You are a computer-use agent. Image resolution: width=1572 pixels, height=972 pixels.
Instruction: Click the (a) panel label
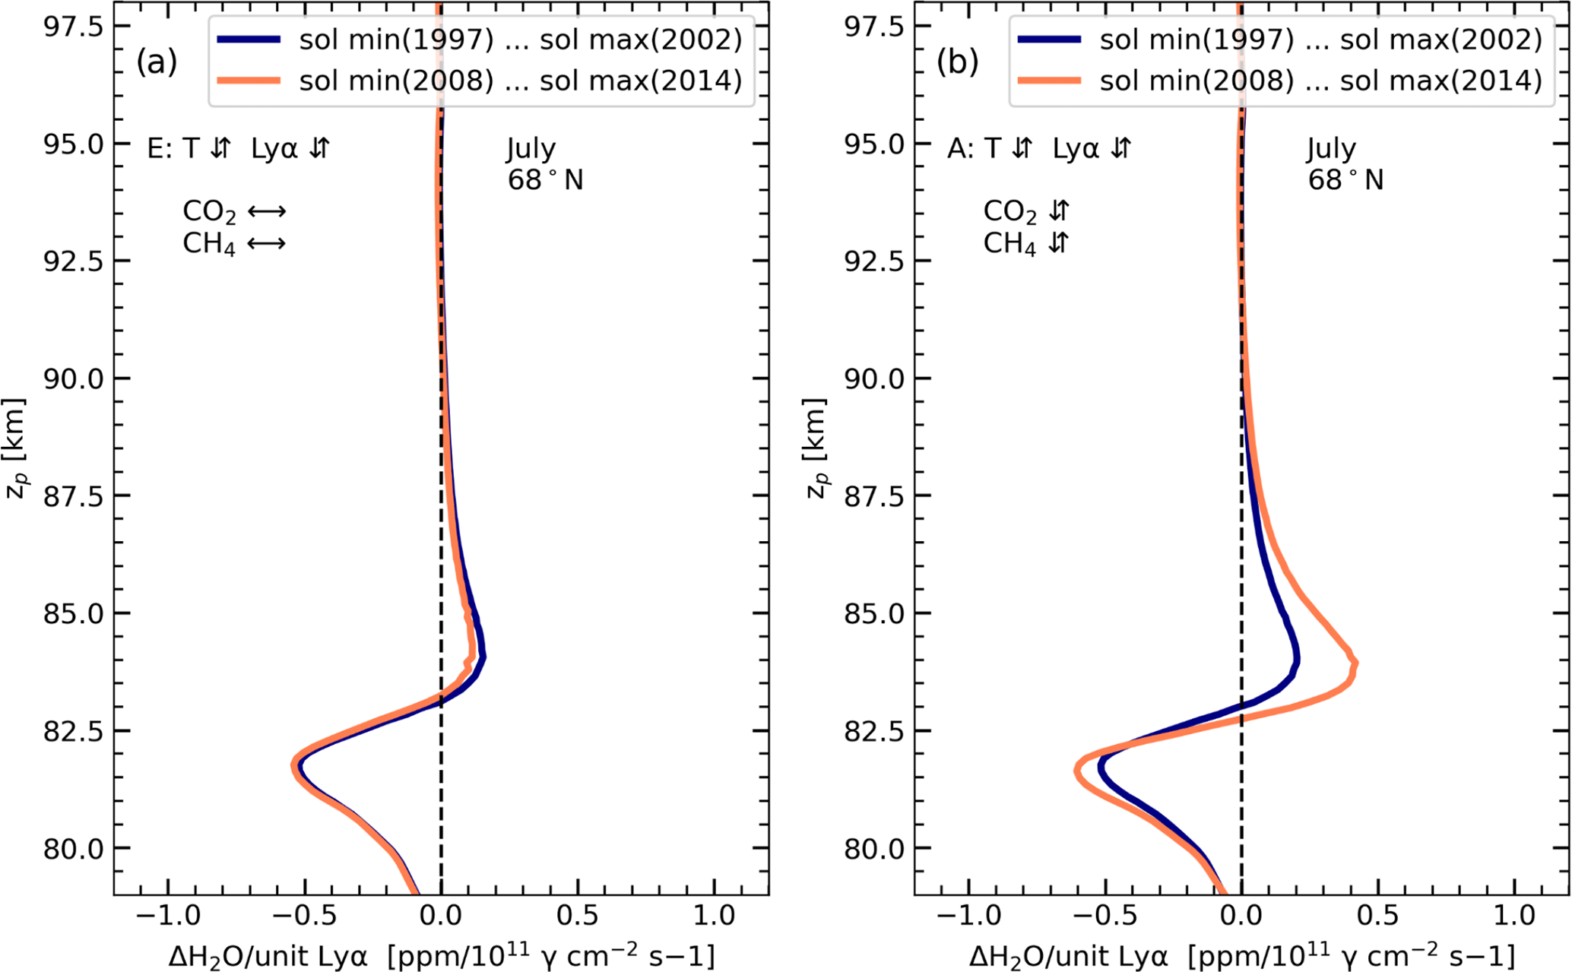pos(157,62)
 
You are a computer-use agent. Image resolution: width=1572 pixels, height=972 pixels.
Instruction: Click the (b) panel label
pos(957,62)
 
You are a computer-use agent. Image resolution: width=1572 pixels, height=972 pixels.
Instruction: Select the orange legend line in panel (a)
pos(249,81)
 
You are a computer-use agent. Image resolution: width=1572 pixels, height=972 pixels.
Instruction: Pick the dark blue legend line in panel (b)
pos(1049,40)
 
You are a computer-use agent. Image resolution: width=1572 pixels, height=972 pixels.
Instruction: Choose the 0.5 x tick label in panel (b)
pos(1379,916)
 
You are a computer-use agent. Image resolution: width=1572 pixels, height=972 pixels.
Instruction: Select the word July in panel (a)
pos(531,148)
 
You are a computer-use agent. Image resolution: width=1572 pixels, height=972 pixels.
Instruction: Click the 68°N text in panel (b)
pos(1345,181)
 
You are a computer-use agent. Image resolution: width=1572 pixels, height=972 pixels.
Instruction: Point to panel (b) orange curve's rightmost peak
pos(1355,664)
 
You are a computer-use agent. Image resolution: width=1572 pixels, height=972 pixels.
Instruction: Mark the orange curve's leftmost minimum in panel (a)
pos(293,766)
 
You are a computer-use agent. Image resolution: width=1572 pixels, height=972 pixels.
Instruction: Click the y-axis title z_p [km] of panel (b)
pos(816,448)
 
